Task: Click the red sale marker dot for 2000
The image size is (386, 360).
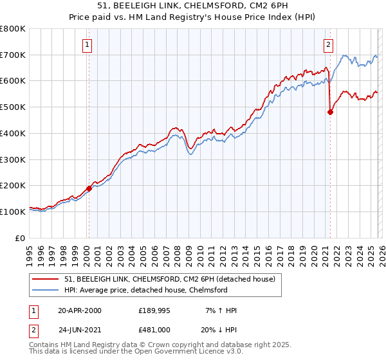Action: (89, 188)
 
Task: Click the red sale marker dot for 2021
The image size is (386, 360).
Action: (330, 112)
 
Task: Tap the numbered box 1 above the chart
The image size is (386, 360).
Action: (87, 44)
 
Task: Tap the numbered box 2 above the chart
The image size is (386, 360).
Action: (328, 44)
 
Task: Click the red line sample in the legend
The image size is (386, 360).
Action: (46, 279)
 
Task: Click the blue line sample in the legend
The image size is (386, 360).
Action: (46, 290)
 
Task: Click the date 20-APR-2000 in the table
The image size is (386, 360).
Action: (80, 310)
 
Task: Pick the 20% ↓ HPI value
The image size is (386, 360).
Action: (219, 328)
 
